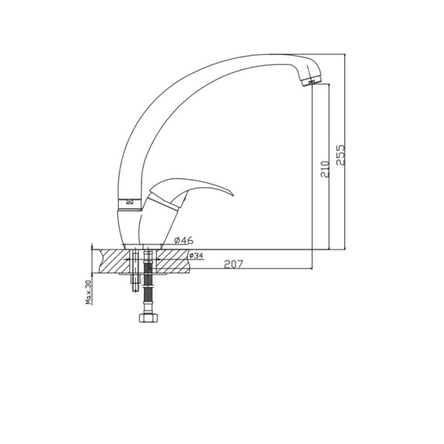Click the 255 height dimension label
pos(341,155)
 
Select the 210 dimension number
pos(325,169)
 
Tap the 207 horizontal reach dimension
pos(234,264)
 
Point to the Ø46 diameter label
pos(184,240)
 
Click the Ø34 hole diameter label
pos(196,255)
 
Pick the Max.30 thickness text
pos(89,292)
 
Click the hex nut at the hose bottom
pos(148,317)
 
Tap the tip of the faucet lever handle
pos(233,195)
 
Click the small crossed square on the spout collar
pos(130,202)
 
